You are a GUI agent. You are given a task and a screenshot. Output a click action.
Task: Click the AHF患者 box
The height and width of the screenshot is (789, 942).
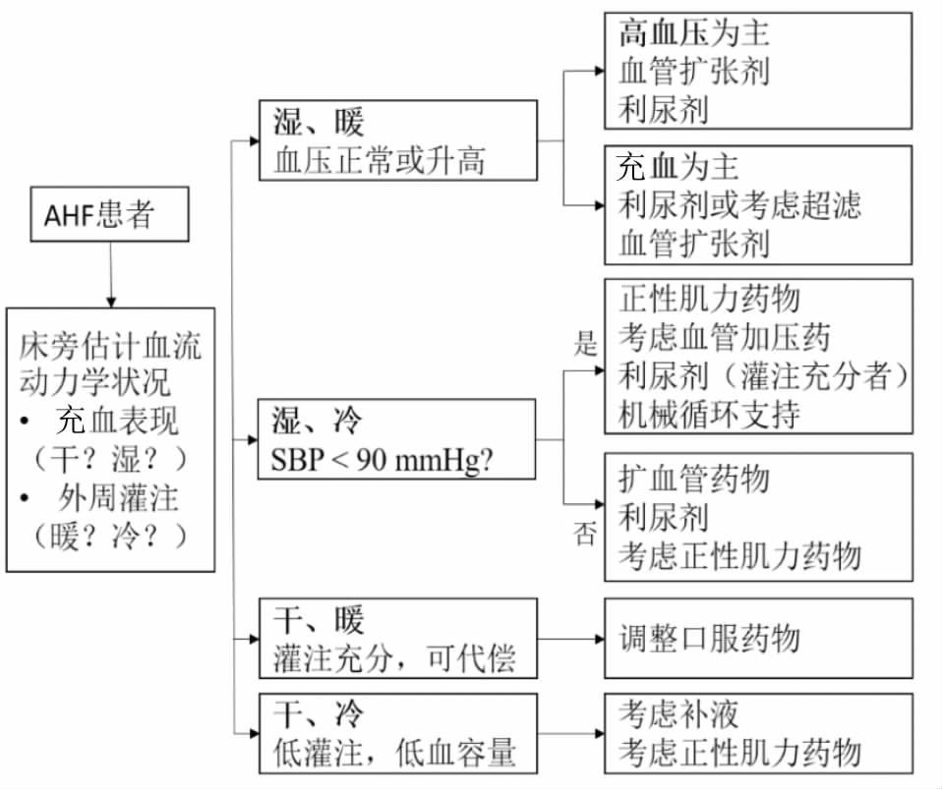(x=110, y=215)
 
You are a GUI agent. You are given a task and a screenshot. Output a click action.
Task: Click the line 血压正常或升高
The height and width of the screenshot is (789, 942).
(x=380, y=159)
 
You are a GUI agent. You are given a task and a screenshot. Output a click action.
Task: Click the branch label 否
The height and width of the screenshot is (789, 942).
(x=586, y=534)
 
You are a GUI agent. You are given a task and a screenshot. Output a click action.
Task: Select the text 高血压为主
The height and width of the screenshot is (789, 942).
(x=693, y=33)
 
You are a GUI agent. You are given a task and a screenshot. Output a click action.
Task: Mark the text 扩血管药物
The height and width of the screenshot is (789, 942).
(x=693, y=479)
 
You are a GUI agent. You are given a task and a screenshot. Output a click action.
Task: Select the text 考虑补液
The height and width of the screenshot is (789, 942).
(x=678, y=714)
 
